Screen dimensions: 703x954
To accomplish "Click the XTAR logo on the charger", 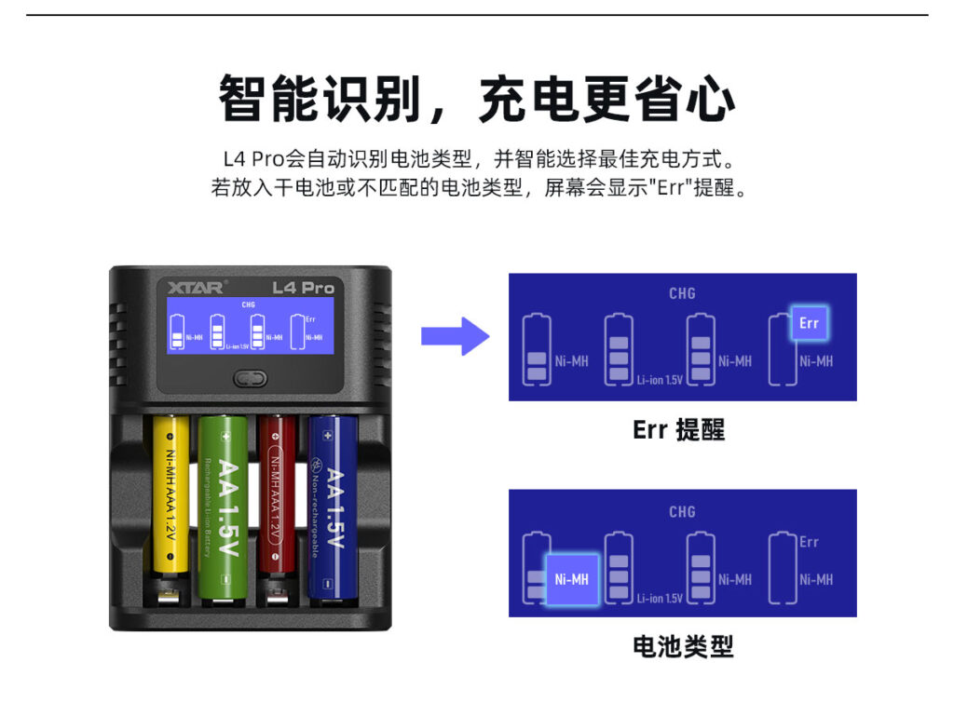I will click(x=190, y=287).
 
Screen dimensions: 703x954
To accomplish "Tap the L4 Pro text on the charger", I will click(x=303, y=287).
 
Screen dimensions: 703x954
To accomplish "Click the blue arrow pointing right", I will click(x=454, y=336).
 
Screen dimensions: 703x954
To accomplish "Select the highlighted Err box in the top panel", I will click(x=809, y=323).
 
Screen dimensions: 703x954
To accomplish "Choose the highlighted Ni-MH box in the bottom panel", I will click(x=571, y=579).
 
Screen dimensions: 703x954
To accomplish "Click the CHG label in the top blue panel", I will click(x=682, y=293).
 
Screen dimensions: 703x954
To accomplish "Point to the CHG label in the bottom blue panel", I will click(x=682, y=511).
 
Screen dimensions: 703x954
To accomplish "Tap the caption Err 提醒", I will click(x=678, y=429).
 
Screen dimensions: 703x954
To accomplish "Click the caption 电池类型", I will click(x=683, y=646).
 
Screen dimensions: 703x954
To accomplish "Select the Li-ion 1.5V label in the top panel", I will click(x=660, y=380).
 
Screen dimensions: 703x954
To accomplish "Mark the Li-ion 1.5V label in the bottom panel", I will click(x=660, y=598).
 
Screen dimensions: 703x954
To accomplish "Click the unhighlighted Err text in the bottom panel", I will click(x=809, y=542).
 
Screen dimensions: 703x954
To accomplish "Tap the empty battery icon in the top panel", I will click(x=781, y=348).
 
